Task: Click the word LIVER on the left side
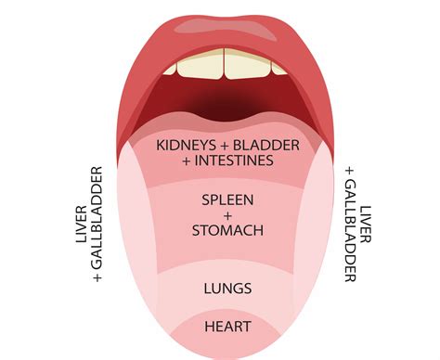tap(80, 226)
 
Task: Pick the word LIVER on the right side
tap(369, 226)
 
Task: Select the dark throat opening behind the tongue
tap(224, 98)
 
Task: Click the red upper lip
tap(223, 28)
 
